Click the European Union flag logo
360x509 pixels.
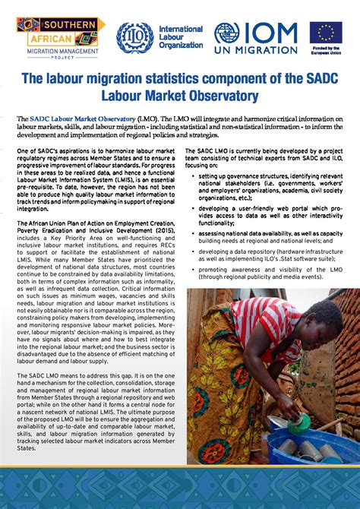click(x=325, y=33)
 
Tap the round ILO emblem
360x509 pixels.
click(x=134, y=37)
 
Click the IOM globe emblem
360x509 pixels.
click(x=226, y=33)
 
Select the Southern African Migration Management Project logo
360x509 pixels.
click(x=60, y=36)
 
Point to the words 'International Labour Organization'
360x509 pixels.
click(x=180, y=37)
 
